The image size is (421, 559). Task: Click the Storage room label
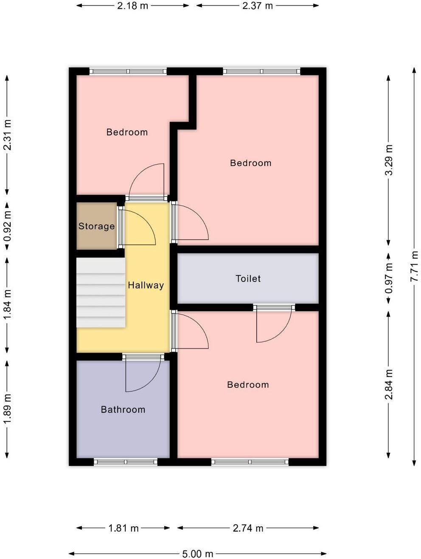click(x=96, y=226)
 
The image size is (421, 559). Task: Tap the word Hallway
click(x=146, y=285)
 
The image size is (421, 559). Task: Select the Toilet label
click(x=248, y=278)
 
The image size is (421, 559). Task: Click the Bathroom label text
click(x=123, y=409)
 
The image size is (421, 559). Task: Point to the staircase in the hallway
click(x=101, y=293)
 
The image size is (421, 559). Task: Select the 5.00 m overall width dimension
click(x=197, y=553)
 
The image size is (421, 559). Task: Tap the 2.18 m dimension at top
click(x=133, y=6)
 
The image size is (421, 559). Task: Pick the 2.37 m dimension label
click(x=257, y=6)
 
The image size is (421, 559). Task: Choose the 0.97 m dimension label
click(x=388, y=278)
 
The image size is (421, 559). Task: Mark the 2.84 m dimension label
click(x=388, y=385)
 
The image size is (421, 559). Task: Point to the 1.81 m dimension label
click(x=123, y=528)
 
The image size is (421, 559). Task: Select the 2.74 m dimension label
click(x=248, y=528)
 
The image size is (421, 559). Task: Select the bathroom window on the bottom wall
click(x=126, y=462)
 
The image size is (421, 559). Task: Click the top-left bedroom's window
click(x=128, y=71)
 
